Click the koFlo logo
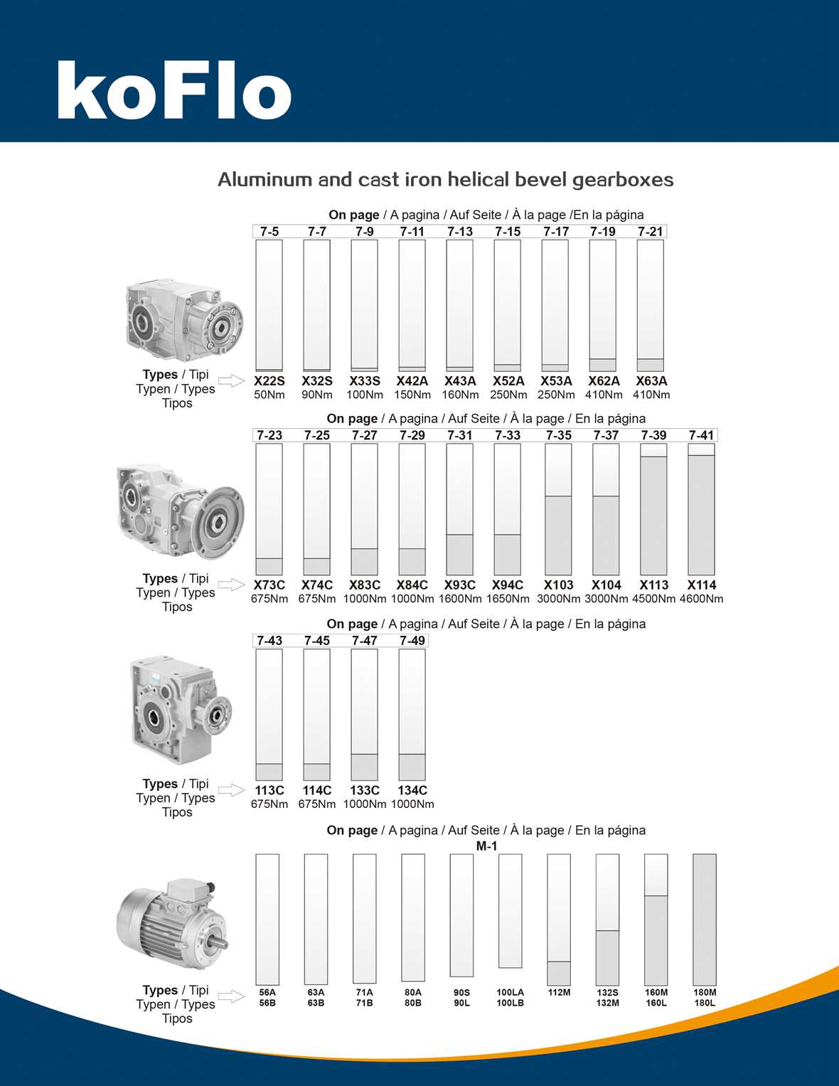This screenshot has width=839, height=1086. coord(174,91)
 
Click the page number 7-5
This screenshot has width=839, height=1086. coord(269,232)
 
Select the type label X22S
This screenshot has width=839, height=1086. coord(269,381)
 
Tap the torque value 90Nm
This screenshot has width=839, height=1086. coord(317,395)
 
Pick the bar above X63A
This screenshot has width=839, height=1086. coord(651,305)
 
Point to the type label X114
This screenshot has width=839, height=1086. coord(702,585)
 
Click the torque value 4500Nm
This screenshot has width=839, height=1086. coord(653,599)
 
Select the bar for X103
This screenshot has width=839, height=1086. coord(558,509)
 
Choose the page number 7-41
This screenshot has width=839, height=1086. coord(701,435)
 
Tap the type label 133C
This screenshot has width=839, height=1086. coord(365,790)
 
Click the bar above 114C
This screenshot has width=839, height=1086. coord(317,715)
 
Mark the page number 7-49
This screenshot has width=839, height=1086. coord(412,641)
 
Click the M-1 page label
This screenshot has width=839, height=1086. coord(487,846)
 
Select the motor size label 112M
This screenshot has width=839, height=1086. coord(559,993)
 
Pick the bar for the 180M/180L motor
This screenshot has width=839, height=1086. coord(705,919)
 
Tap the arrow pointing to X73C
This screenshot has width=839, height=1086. coord(231,585)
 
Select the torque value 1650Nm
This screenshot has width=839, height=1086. coord(508,599)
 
